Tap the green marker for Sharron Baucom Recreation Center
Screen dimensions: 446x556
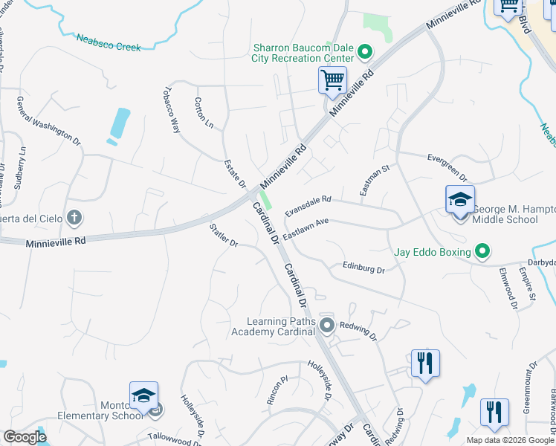pos(364,52)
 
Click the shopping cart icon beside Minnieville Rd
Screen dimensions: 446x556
pos(332,80)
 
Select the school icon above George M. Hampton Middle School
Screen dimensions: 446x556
pos(459,200)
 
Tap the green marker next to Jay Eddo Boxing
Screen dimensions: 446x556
pos(482,252)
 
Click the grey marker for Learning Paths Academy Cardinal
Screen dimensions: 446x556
pos(326,325)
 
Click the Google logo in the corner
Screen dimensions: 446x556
pos(25,436)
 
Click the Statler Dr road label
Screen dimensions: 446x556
pos(223,233)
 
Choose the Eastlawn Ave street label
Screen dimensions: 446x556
pos(305,227)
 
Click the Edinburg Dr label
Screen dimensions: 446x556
pos(363,267)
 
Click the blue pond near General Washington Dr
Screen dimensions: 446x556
pos(120,123)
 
